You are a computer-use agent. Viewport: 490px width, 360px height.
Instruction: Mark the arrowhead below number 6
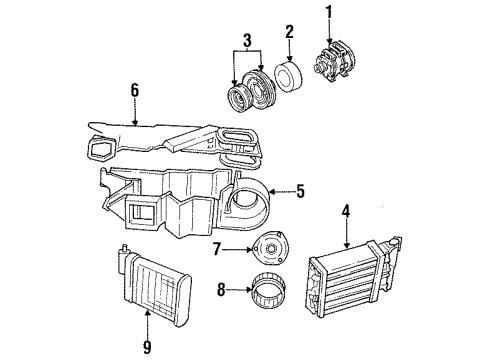point(133,125)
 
